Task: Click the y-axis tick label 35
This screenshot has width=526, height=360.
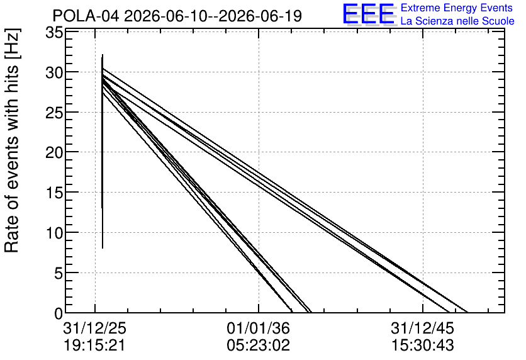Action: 54,33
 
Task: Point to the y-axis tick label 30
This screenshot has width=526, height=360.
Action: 54,73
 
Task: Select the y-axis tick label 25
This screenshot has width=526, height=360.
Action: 54,113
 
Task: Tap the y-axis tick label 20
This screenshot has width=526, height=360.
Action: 54,153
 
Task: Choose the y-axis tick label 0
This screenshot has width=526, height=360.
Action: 59,313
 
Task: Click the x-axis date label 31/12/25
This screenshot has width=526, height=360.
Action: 95,328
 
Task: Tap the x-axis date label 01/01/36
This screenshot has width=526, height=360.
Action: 259,328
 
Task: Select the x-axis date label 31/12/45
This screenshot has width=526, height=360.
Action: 422,328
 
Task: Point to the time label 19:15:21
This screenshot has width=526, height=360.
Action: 94,346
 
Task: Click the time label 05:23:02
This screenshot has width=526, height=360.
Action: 259,346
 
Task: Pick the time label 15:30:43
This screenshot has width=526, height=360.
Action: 423,346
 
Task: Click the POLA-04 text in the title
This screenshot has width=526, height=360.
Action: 86,16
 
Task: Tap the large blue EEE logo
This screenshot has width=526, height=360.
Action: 369,13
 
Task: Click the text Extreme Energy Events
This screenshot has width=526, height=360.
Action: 457,8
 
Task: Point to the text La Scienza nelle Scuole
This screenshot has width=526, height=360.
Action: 457,21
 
